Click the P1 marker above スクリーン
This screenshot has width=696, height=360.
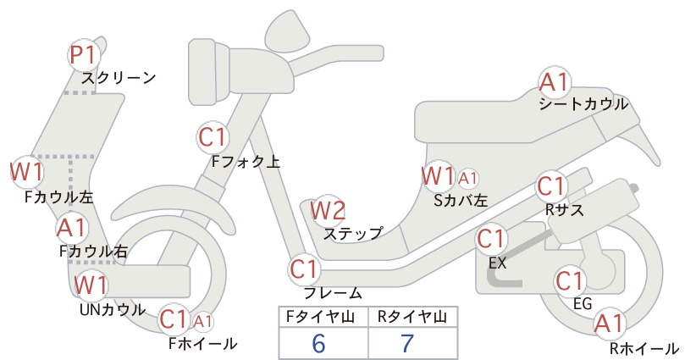click(84, 56)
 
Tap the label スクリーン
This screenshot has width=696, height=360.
click(119, 78)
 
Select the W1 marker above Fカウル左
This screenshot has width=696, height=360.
click(26, 172)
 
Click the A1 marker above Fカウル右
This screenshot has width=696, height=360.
click(72, 228)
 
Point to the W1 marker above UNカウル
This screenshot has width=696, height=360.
click(91, 285)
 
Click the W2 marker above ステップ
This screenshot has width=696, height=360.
click(328, 210)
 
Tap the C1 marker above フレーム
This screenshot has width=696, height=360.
click(305, 269)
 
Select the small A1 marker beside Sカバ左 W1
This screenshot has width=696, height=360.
click(468, 179)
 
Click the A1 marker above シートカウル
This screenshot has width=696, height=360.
click(555, 82)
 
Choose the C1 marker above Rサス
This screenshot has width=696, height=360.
click(551, 186)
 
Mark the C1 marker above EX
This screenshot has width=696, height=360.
click(492, 239)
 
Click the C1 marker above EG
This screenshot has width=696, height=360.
click(570, 280)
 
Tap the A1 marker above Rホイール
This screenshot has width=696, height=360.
click(610, 324)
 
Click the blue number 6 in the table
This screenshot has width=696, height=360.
click(318, 343)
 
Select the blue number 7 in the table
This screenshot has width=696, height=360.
click(407, 343)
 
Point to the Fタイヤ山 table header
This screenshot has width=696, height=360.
click(320, 317)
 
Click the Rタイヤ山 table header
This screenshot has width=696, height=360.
click(412, 317)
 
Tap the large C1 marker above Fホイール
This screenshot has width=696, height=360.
click(174, 318)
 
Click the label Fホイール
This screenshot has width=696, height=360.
click(203, 344)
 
